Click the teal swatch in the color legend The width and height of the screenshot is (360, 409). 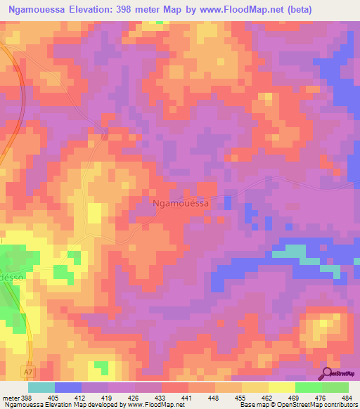click(41, 387)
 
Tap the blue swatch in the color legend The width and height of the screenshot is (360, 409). click(68, 387)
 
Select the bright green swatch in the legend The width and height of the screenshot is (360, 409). click(309, 387)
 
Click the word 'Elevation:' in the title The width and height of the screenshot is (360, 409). click(108, 10)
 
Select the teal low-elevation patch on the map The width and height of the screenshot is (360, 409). click(295, 251)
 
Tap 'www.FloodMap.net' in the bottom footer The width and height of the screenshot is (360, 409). click(151, 405)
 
